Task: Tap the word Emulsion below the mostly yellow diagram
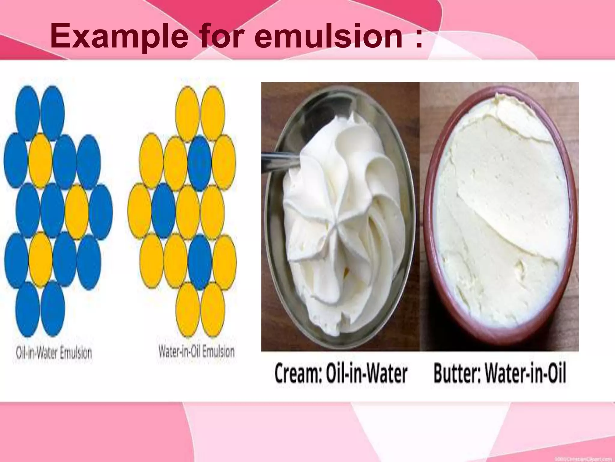point(218,352)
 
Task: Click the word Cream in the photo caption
point(300,374)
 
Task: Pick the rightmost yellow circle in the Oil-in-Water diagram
point(77,211)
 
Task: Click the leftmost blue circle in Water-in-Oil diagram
point(164,211)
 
